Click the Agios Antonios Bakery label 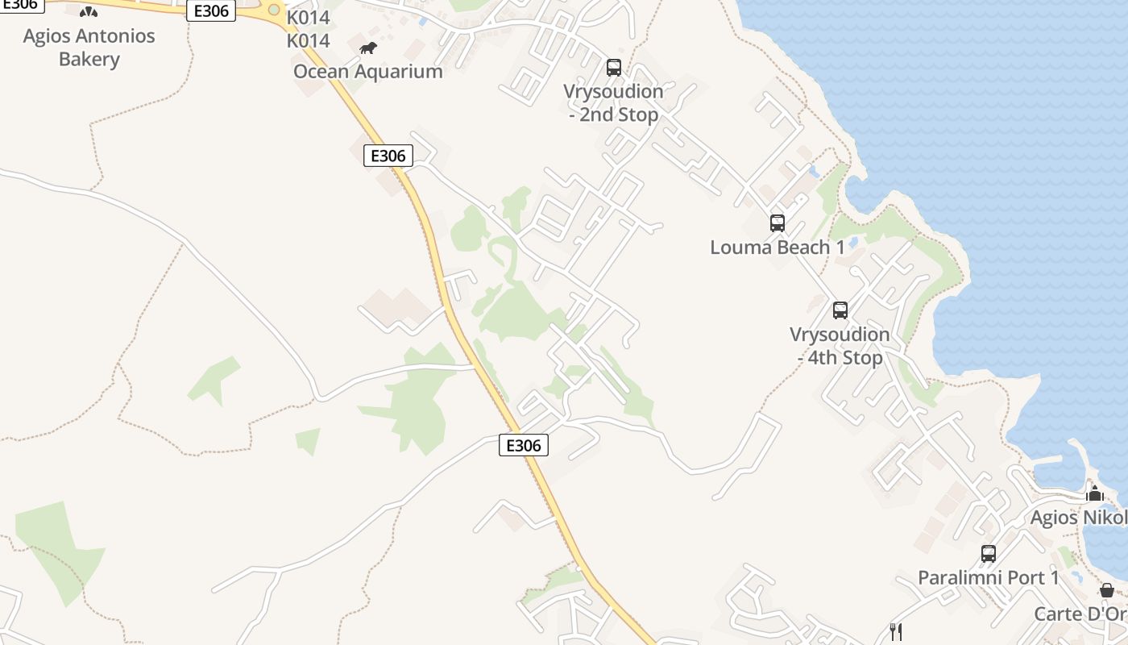pyautogui.click(x=89, y=48)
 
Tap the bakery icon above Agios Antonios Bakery pyautogui.click(x=89, y=12)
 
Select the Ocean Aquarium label pyautogui.click(x=367, y=71)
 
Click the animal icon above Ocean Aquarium pyautogui.click(x=368, y=48)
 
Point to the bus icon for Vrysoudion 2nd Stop pyautogui.click(x=614, y=68)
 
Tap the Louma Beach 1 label pyautogui.click(x=777, y=248)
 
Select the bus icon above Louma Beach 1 pyautogui.click(x=778, y=223)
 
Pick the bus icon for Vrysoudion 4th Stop pyautogui.click(x=840, y=310)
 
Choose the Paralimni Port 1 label pyautogui.click(x=989, y=578)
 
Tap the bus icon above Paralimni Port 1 pyautogui.click(x=989, y=554)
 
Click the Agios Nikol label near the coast pyautogui.click(x=1079, y=518)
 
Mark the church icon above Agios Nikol pyautogui.click(x=1094, y=493)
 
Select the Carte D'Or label pyautogui.click(x=1080, y=614)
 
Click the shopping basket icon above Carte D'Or pyautogui.click(x=1107, y=590)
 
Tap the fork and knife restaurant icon pyautogui.click(x=895, y=631)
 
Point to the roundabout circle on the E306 pyautogui.click(x=274, y=10)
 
